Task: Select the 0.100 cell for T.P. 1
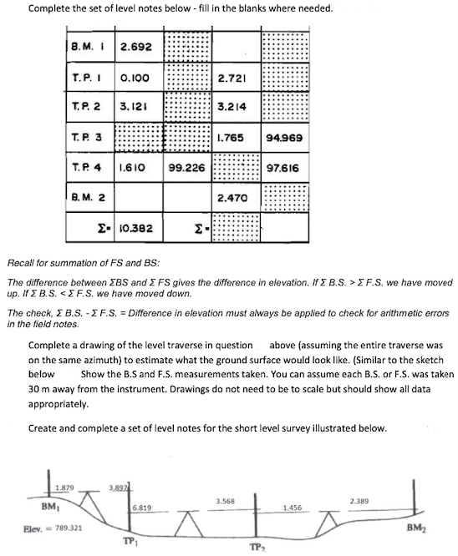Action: [x=135, y=77]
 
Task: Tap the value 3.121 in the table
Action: [x=135, y=108]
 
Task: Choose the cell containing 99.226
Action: [x=186, y=167]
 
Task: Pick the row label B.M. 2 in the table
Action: [x=84, y=198]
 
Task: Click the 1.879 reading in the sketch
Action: [x=64, y=488]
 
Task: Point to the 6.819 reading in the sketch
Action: [x=141, y=507]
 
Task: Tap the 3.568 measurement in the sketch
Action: [x=224, y=501]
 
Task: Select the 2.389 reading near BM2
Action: [x=359, y=501]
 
